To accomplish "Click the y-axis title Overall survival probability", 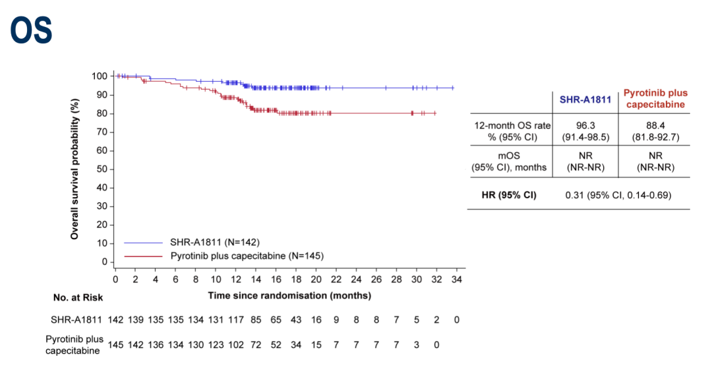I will pyautogui.click(x=76, y=169).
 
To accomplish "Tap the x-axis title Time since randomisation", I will pyautogui.click(x=289, y=296).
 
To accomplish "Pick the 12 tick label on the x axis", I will pyautogui.click(x=236, y=279).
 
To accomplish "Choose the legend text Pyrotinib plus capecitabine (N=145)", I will pyautogui.click(x=247, y=255).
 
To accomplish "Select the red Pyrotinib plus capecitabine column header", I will pyautogui.click(x=655, y=99).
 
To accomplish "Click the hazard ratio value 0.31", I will pyautogui.click(x=576, y=195).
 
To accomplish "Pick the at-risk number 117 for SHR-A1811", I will pyautogui.click(x=236, y=320).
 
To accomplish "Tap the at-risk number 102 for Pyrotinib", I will pyautogui.click(x=236, y=344).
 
